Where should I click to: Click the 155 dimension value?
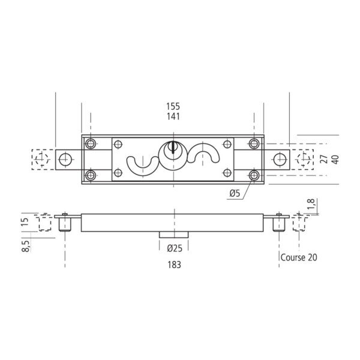pyautogui.click(x=173, y=106)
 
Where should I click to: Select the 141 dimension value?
pyautogui.click(x=173, y=116)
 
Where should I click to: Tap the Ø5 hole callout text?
pyautogui.click(x=235, y=193)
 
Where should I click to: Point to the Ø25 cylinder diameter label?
pyautogui.click(x=175, y=248)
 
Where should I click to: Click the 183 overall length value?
pyautogui.click(x=174, y=265)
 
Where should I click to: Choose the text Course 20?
pyautogui.click(x=299, y=257)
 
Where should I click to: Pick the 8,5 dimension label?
pyautogui.click(x=25, y=246)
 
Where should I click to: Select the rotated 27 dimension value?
pyautogui.click(x=324, y=159)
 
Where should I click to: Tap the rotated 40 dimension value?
pyautogui.click(x=335, y=160)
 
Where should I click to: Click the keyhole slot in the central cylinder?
pyautogui.click(x=173, y=148)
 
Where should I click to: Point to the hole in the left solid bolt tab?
pyautogui.click(x=65, y=160)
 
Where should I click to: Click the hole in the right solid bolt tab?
pyautogui.click(x=280, y=160)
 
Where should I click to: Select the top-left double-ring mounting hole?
pyautogui.click(x=91, y=144)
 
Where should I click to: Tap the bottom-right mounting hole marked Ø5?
pyautogui.click(x=254, y=176)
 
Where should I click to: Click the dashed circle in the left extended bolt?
pyautogui.click(x=42, y=159)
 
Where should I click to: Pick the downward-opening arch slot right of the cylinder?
pyautogui.click(x=203, y=153)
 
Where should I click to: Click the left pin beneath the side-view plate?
pyautogui.click(x=65, y=224)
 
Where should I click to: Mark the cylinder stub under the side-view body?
pyautogui.click(x=174, y=235)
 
